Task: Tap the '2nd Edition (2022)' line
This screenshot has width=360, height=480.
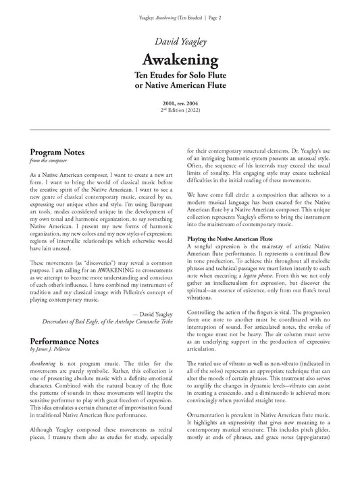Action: pyautogui.click(x=180, y=109)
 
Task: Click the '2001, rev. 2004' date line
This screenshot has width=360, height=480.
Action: pyautogui.click(x=180, y=102)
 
